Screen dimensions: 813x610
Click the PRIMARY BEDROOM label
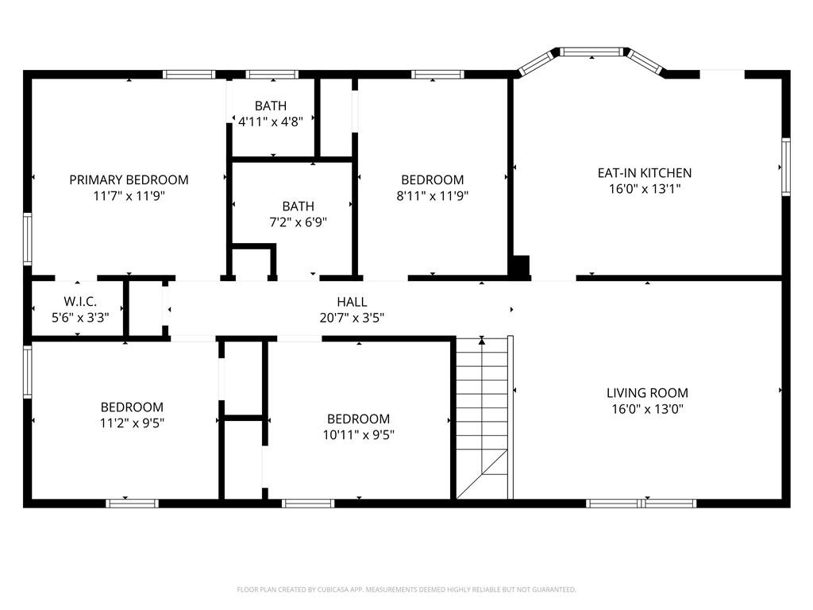point(129,180)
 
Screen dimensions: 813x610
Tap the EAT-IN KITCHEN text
point(645,172)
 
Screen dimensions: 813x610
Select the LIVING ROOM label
point(647,393)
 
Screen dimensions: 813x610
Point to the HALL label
point(352,302)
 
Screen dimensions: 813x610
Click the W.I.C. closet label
point(80,301)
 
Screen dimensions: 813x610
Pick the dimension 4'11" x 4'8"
point(270,122)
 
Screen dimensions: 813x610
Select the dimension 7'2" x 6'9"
point(299,222)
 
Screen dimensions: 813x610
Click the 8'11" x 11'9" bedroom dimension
point(433,196)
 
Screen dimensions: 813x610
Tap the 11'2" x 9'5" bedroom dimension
point(132,423)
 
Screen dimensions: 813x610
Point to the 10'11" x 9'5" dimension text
point(358,435)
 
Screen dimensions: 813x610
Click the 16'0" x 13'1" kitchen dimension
point(645,189)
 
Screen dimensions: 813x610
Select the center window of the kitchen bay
point(591,52)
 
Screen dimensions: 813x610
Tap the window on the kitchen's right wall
point(786,167)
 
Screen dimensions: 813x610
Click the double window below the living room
point(641,503)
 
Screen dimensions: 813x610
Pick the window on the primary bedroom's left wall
point(28,239)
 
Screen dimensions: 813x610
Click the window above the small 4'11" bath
point(272,75)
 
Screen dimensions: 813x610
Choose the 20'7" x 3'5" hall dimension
point(352,318)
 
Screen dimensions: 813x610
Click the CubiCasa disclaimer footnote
point(406,590)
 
